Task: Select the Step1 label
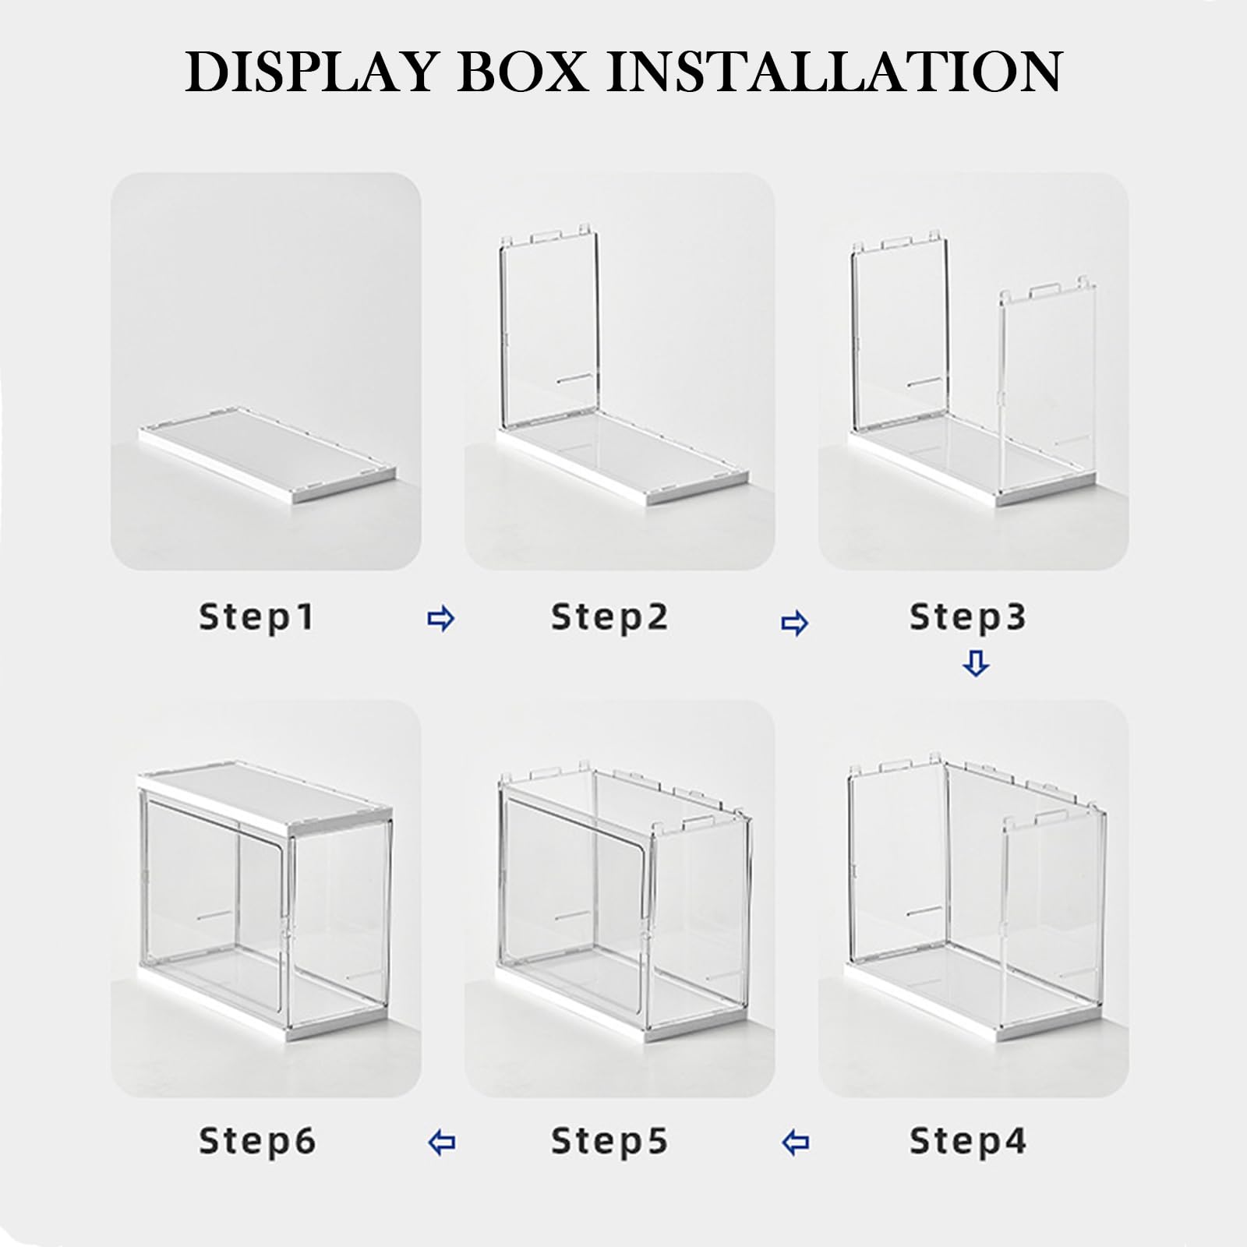click(256, 617)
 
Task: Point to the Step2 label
click(609, 617)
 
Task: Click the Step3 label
click(968, 617)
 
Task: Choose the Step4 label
click(968, 1142)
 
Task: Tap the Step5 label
click(609, 1142)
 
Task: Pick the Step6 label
click(257, 1142)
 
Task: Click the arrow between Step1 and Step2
click(441, 620)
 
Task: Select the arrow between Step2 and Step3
click(794, 623)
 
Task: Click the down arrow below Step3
click(976, 664)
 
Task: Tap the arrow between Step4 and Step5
click(794, 1143)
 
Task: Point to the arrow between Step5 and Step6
click(442, 1143)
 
